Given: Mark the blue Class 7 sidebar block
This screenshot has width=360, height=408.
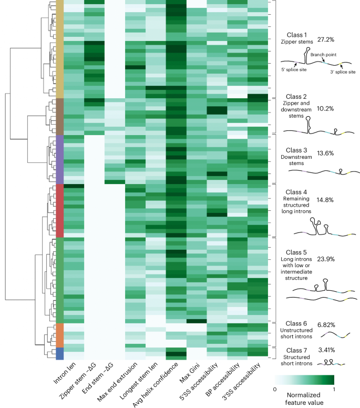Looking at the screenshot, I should tap(59, 353).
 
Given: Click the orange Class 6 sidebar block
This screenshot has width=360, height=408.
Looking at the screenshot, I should tap(59, 335).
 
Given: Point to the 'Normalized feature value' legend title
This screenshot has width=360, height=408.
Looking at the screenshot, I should tap(303, 397).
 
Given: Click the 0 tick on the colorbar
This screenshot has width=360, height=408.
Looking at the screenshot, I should tap(276, 389).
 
